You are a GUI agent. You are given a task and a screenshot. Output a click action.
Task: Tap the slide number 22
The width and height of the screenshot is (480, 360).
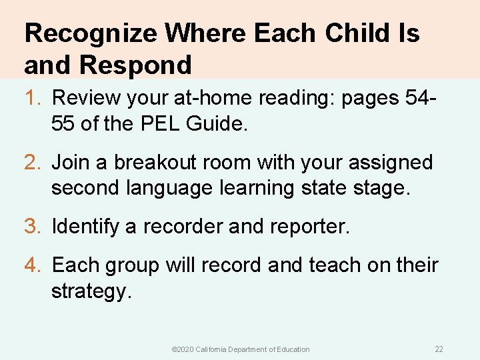[439, 349]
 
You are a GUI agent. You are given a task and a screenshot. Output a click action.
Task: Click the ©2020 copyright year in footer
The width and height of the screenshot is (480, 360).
[182, 349]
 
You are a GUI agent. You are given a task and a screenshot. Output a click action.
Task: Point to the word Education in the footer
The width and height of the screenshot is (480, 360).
[292, 349]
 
